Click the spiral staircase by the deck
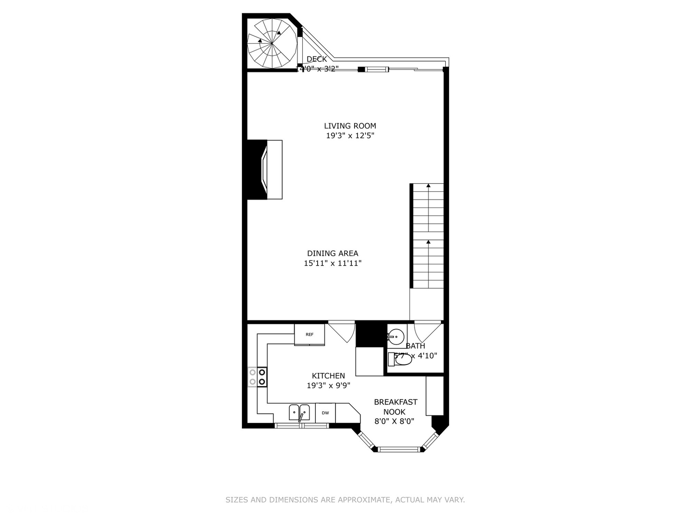(x=272, y=43)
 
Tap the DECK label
(x=317, y=59)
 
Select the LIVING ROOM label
(x=350, y=126)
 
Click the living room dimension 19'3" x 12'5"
(x=350, y=136)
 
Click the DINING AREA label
(x=333, y=253)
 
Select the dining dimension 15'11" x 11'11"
(x=333, y=263)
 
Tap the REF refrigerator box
(x=310, y=334)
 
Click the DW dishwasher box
(x=325, y=413)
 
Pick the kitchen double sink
(x=299, y=412)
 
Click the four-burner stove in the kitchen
(x=257, y=377)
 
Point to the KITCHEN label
(x=328, y=376)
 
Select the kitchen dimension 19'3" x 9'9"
(x=328, y=386)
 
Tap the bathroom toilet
(x=401, y=359)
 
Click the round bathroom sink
(x=396, y=337)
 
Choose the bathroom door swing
(x=427, y=331)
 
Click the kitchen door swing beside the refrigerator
(x=342, y=332)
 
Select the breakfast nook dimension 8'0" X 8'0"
(x=394, y=422)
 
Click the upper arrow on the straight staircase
(x=428, y=186)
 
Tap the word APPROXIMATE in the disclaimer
(x=364, y=500)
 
